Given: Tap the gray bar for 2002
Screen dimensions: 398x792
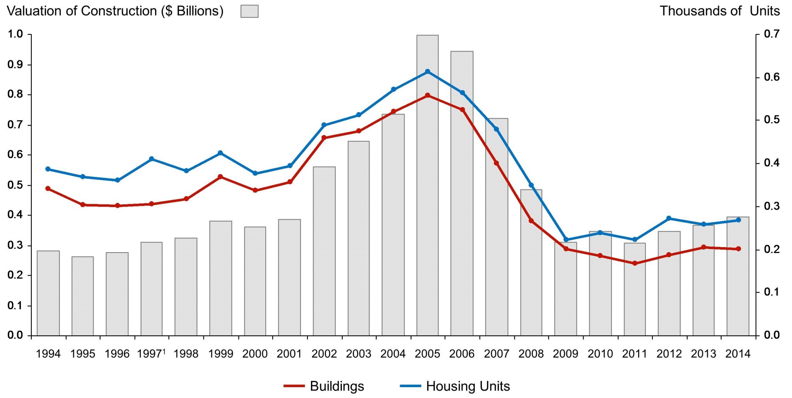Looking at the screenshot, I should point(324,251).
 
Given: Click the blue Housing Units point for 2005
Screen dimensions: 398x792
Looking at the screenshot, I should point(427,72).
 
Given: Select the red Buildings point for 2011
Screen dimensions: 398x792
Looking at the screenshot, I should point(635,263).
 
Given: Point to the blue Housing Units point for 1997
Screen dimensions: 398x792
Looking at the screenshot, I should point(152,159).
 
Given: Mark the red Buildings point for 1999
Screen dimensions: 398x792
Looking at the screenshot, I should point(220,177).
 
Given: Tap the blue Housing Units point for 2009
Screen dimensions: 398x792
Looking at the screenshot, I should point(566,240).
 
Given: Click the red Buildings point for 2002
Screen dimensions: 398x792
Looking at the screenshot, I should point(324,138).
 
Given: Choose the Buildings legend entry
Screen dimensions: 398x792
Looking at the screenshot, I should point(324,386).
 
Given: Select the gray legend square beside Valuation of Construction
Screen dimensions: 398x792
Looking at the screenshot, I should point(249,11).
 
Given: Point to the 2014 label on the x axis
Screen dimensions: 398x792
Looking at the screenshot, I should point(738,354).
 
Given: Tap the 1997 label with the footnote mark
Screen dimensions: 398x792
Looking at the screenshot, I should point(151,354).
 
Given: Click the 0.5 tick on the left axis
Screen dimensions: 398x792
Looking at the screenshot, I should point(15,185).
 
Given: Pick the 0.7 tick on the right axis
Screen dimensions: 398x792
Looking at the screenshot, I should point(772,34).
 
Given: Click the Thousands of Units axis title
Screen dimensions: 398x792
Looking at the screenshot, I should point(720,11).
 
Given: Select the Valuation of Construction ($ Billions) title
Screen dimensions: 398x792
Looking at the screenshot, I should point(115,11).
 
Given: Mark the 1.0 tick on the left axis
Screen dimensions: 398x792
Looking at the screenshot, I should point(15,34).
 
